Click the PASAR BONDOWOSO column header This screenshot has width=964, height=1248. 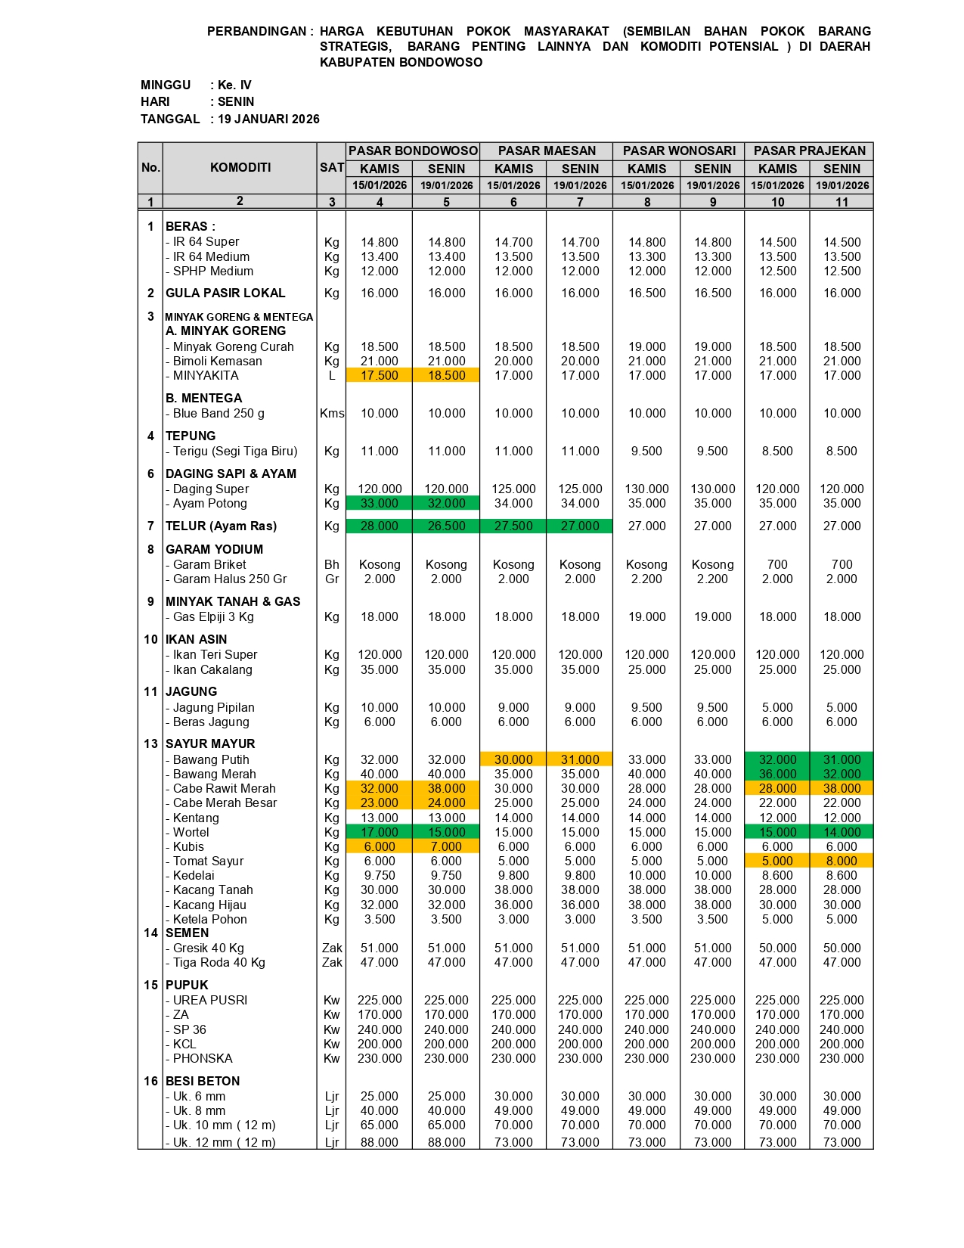click(x=413, y=151)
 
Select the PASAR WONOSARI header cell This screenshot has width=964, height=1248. click(x=679, y=151)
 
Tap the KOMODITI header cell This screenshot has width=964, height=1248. click(x=240, y=167)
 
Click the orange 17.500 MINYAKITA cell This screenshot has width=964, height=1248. click(x=379, y=375)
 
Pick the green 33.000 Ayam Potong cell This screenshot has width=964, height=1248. click(x=379, y=503)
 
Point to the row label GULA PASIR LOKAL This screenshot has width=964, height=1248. click(x=225, y=293)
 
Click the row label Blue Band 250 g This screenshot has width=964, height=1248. click(x=218, y=413)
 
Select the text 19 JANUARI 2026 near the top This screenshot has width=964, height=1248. click(x=268, y=119)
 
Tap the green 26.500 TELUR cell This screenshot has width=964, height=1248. click(x=446, y=526)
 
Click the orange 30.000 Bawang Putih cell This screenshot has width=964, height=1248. click(x=513, y=759)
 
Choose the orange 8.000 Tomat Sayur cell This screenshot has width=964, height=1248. click(x=842, y=861)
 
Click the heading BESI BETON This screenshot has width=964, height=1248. click(x=203, y=1081)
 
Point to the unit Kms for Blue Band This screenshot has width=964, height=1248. click(x=331, y=413)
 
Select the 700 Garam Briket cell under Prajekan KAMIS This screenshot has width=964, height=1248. click(x=777, y=564)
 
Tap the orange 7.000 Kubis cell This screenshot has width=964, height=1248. click(x=446, y=846)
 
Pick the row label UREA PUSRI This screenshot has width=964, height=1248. click(x=209, y=1000)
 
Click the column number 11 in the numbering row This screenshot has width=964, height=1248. click(x=842, y=202)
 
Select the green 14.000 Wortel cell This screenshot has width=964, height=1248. click(x=842, y=832)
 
